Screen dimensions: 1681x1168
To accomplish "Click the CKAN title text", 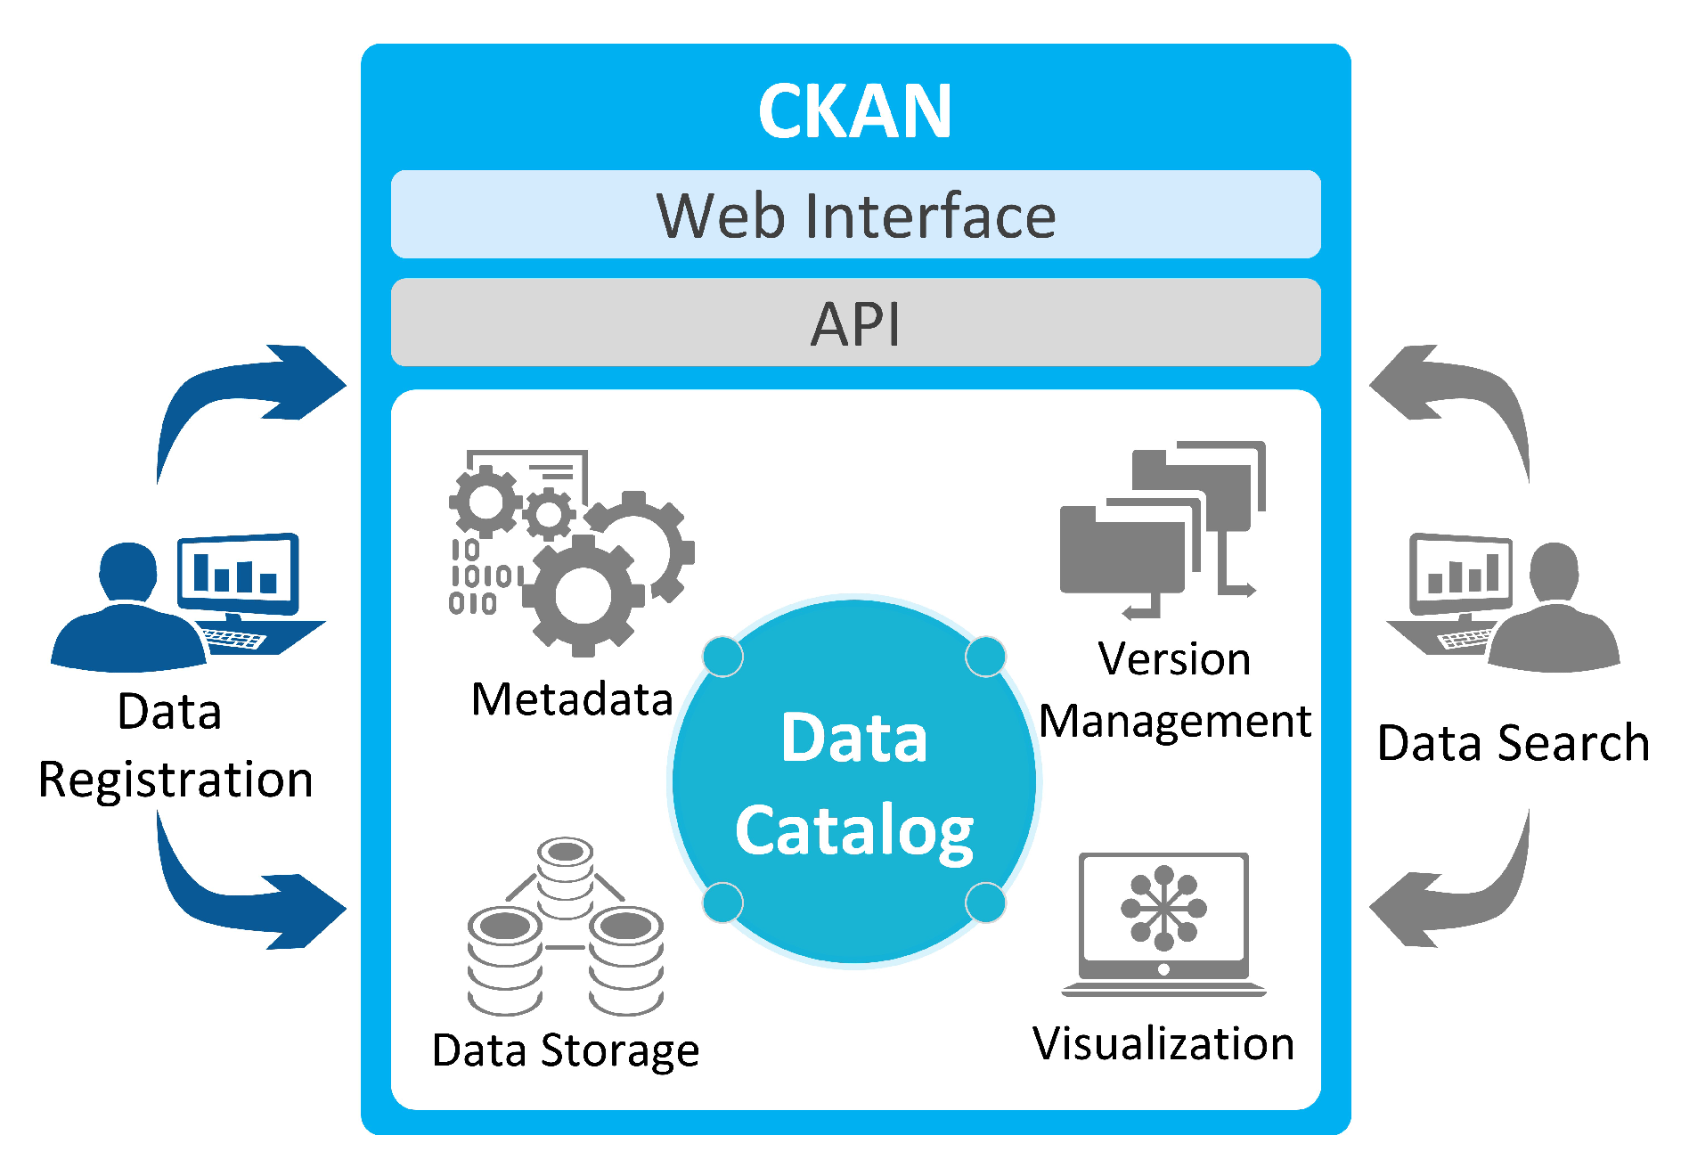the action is pos(855,111).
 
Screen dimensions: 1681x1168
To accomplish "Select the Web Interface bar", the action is pos(855,215).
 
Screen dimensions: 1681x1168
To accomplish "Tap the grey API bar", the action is pos(855,323).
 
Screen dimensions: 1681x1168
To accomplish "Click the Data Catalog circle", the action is pos(854,781).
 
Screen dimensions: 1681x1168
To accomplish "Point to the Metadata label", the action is pos(572,699).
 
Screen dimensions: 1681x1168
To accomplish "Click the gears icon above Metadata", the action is pos(571,552).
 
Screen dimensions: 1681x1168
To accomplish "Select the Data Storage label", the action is pos(566,1051).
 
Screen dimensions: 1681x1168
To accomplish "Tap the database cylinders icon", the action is pos(566,927).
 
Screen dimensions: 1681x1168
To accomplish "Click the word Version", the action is pos(1175,659).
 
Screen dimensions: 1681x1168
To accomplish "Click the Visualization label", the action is pos(1163,1043).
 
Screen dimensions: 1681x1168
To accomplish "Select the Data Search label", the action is pos(1514,744).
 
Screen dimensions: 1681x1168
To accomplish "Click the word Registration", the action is pos(175,781).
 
